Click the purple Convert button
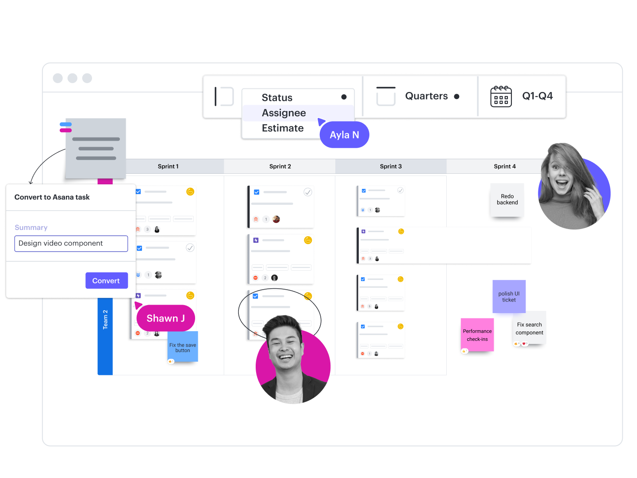click(107, 280)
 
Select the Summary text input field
click(71, 243)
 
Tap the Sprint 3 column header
click(391, 166)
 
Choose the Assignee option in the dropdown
click(284, 113)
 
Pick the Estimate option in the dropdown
click(282, 128)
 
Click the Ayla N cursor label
click(344, 135)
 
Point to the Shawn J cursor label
click(166, 318)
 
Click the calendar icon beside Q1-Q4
click(501, 96)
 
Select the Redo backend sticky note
click(507, 199)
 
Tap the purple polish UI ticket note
click(509, 296)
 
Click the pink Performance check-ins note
click(477, 335)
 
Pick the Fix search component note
click(530, 328)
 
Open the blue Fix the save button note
click(183, 347)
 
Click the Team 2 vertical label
click(105, 320)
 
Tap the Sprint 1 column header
click(168, 166)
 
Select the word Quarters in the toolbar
click(426, 96)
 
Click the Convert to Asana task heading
click(52, 197)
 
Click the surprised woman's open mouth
click(561, 184)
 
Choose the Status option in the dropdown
click(277, 97)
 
